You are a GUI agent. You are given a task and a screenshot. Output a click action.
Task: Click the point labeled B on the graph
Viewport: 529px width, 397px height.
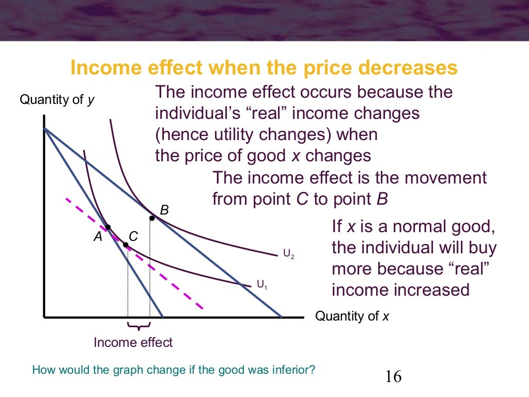tap(151, 218)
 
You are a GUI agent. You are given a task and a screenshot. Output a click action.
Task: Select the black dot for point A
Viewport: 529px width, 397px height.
tap(108, 227)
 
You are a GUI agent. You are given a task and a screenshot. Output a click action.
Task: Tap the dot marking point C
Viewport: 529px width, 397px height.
tap(126, 245)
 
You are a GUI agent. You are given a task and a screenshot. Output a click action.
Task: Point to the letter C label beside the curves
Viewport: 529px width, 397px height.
tap(133, 237)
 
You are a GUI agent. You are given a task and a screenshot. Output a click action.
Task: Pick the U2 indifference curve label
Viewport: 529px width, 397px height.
tap(288, 254)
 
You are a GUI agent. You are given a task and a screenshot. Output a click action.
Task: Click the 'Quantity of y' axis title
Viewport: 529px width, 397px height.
tap(57, 100)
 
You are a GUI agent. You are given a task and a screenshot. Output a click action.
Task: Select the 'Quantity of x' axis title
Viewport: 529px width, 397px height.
tap(352, 316)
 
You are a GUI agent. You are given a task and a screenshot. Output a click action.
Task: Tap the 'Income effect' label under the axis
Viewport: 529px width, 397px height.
tap(133, 342)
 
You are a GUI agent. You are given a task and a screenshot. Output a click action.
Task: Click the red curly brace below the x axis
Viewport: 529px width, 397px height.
tap(138, 326)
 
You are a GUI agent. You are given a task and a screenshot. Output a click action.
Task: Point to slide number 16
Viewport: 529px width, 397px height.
tap(393, 376)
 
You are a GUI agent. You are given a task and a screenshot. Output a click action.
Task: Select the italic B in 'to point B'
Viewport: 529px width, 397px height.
tap(382, 200)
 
